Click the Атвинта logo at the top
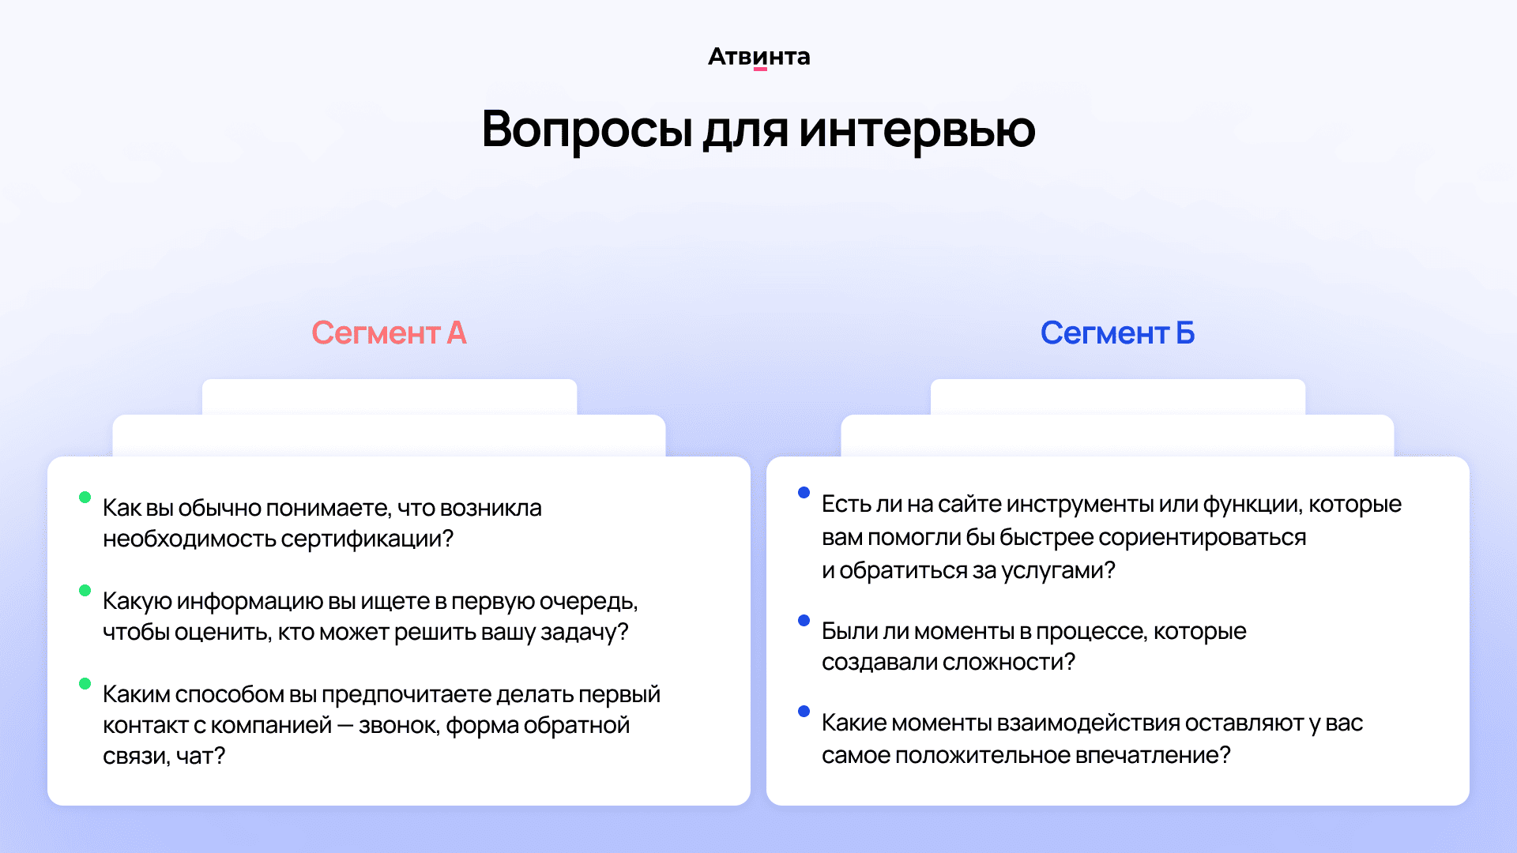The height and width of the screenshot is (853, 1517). click(758, 57)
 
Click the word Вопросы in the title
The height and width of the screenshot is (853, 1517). click(588, 129)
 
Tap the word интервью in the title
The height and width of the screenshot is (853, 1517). click(917, 129)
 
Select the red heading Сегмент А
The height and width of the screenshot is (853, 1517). click(389, 333)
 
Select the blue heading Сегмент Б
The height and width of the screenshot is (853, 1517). click(1117, 333)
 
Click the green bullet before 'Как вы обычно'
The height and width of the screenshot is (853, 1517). click(85, 497)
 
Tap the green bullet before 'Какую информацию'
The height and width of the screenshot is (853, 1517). click(85, 590)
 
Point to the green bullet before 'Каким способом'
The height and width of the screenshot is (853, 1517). click(85, 683)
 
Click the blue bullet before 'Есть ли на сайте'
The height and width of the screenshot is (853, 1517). click(804, 493)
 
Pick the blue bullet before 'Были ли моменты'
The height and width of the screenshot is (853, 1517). click(804, 620)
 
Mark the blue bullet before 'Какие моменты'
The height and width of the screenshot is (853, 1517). click(804, 711)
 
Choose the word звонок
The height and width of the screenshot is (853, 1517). click(398, 725)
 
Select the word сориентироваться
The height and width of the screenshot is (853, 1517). click(1202, 538)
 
